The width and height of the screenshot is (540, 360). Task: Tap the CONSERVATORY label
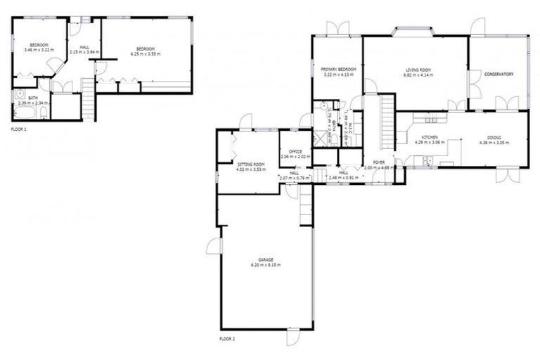(499, 74)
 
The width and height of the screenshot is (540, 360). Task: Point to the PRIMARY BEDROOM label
(338, 69)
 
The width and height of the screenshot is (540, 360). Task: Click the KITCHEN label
(430, 137)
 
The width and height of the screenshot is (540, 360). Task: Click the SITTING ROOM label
(250, 163)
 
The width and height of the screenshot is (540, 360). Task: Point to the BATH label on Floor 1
(33, 98)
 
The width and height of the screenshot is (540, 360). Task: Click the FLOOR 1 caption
(19, 129)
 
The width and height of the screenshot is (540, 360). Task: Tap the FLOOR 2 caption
(226, 339)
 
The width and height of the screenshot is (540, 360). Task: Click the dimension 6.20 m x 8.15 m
(265, 265)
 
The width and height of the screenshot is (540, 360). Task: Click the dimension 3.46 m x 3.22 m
(39, 51)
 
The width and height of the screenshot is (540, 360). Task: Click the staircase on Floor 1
(89, 100)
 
